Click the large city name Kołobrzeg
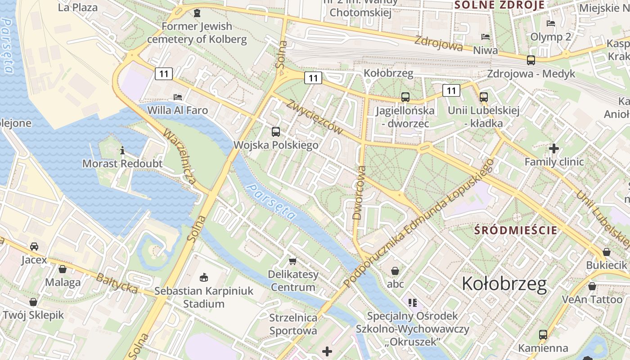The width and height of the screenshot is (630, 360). (504, 284)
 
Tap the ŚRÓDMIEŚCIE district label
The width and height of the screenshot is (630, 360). (516, 230)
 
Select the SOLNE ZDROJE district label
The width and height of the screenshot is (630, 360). (499, 5)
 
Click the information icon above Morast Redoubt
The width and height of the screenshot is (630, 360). (122, 150)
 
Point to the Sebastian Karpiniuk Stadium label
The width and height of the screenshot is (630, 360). (204, 297)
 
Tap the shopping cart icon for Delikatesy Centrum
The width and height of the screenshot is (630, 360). (293, 261)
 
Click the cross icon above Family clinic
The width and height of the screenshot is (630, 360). (554, 148)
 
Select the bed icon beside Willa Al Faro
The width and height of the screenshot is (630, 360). (178, 97)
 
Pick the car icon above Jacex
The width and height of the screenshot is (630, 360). (34, 247)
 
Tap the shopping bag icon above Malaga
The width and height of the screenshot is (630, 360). (63, 269)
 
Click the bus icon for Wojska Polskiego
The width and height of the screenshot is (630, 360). (276, 132)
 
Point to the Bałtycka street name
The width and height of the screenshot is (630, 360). (117, 283)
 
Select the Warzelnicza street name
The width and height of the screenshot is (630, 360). (180, 156)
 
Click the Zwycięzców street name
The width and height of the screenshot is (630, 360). (314, 116)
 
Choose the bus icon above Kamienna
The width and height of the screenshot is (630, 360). (543, 334)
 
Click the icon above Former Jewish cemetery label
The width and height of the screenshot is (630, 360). (197, 13)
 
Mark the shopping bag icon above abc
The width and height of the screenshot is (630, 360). (395, 270)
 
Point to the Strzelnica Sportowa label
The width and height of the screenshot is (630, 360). (293, 324)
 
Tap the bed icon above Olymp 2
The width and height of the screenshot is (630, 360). (550, 23)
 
